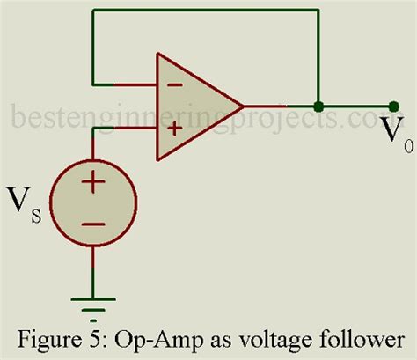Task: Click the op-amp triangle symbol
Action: coord(194,107)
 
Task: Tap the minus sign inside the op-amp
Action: coord(174,86)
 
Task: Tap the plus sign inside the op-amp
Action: coord(174,128)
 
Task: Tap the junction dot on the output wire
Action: coord(317,107)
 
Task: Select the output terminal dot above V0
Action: coord(393,107)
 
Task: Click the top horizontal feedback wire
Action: coord(202,11)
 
